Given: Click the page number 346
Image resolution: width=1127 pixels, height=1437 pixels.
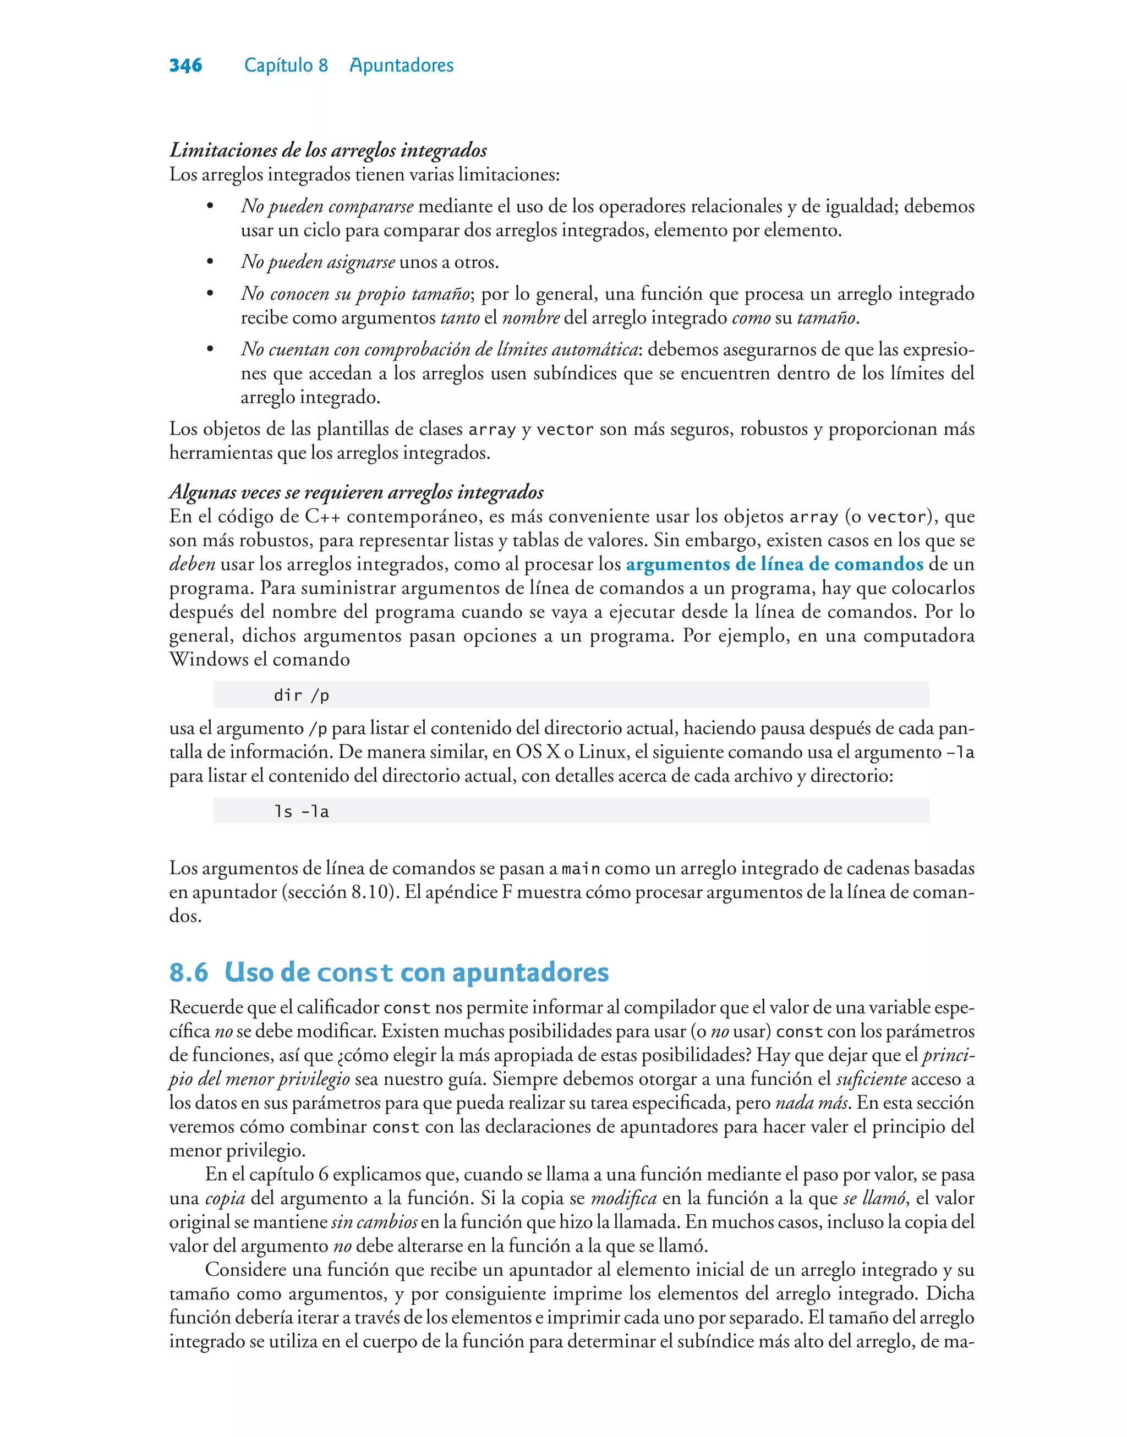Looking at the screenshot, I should [185, 65].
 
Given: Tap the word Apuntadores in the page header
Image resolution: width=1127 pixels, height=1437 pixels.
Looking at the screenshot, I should [401, 65].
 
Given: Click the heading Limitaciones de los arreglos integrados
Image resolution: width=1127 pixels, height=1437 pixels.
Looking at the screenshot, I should [328, 150].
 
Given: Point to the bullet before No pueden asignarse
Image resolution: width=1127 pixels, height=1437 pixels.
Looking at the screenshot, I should [210, 262].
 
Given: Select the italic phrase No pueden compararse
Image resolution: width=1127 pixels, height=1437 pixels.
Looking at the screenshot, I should [327, 206].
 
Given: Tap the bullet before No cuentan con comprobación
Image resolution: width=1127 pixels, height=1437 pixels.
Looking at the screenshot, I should [210, 349].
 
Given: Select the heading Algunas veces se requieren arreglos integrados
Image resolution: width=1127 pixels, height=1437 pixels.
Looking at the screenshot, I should [356, 492].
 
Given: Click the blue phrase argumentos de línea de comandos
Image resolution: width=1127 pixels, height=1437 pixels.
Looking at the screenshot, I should [774, 564].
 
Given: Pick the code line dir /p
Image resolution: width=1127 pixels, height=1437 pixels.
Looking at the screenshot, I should [302, 695].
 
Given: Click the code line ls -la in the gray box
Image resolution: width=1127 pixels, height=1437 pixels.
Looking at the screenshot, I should [302, 812].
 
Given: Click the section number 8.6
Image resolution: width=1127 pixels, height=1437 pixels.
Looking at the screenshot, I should [189, 973].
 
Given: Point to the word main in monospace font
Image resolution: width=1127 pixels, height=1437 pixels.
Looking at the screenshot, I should [580, 869].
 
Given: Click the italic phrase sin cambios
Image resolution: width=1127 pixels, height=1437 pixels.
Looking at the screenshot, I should [374, 1222].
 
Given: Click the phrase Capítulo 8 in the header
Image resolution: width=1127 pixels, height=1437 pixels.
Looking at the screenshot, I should [286, 65].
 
